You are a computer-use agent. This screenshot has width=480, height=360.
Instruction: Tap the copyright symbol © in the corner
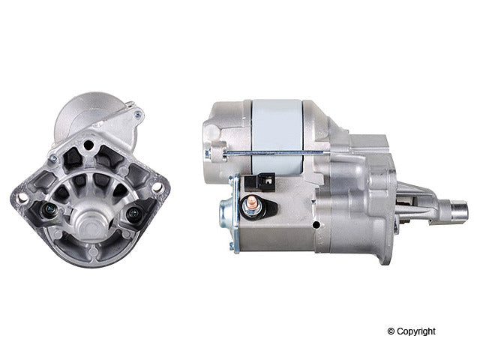pos(390,331)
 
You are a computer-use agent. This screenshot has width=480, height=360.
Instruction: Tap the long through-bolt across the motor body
pos(270,153)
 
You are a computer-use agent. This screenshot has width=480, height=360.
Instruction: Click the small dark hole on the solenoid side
pos(316,224)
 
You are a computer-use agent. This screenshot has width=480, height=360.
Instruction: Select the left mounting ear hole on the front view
pos(22,197)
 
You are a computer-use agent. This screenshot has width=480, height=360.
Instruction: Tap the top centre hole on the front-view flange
pos(88,145)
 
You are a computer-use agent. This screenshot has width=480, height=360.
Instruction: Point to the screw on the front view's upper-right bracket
pos(137,115)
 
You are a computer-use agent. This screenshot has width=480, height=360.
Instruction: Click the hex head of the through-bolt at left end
pos(208,154)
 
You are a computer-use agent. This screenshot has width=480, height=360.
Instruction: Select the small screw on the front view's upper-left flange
pos(52,159)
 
